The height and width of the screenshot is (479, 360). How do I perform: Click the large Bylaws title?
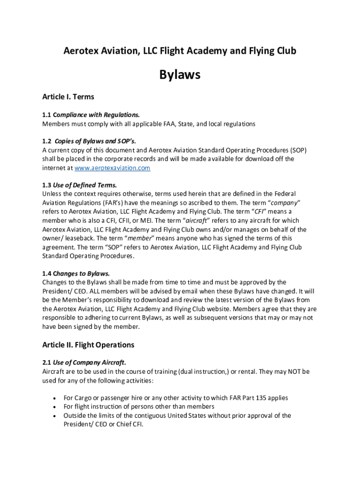point(180,74)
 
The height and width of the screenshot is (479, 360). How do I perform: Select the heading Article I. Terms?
point(68,97)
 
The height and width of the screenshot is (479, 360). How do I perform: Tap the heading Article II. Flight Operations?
point(88,345)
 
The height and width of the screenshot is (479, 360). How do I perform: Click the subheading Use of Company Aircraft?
point(89,362)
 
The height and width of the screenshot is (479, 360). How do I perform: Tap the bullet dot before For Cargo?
point(56,398)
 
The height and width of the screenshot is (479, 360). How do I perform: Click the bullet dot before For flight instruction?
point(56,407)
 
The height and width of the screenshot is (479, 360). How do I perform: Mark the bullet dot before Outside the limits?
point(56,416)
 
